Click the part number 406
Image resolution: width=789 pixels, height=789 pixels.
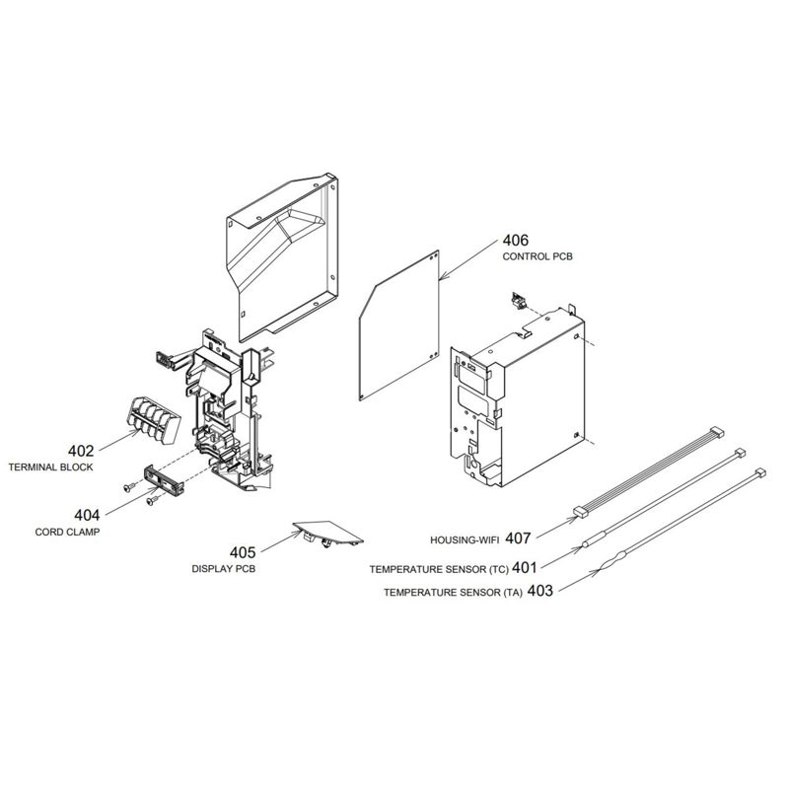click(x=515, y=240)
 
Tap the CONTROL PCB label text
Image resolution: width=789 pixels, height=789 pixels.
click(x=538, y=256)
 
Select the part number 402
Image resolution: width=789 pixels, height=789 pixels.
click(x=81, y=451)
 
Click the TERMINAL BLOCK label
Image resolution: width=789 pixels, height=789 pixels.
click(x=51, y=466)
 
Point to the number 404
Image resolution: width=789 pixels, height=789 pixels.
click(x=87, y=515)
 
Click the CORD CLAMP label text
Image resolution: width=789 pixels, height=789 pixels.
click(x=67, y=532)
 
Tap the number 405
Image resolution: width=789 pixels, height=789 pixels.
click(x=243, y=552)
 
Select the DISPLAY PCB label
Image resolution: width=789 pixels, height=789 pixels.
click(x=224, y=569)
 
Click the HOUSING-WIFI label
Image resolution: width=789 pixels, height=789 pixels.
click(x=465, y=540)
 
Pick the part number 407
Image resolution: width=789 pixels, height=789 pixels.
click(x=518, y=538)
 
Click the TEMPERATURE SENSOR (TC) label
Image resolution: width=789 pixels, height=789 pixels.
click(x=439, y=570)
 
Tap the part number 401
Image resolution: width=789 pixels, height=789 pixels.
click(x=524, y=568)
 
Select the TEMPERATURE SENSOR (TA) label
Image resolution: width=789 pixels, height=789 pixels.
click(x=453, y=593)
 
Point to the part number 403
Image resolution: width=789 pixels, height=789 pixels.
click(x=539, y=590)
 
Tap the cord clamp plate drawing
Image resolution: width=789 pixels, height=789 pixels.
click(x=164, y=478)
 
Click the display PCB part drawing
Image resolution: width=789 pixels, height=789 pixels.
click(x=328, y=534)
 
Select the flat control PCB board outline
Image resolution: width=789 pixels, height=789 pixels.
click(x=399, y=325)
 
